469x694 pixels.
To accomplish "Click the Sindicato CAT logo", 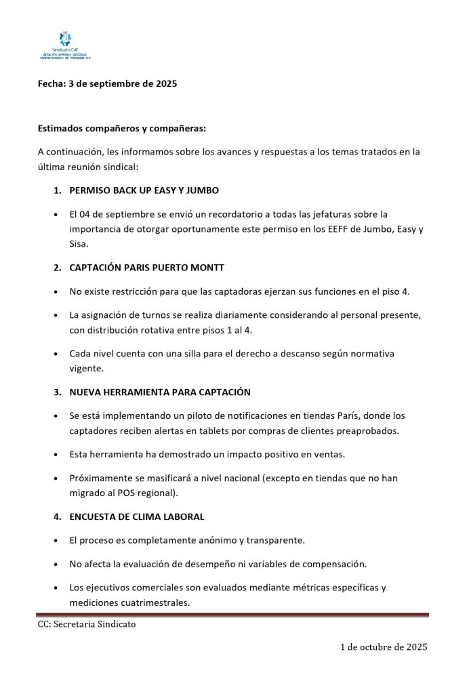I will [64, 45].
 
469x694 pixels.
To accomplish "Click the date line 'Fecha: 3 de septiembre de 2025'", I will [107, 84].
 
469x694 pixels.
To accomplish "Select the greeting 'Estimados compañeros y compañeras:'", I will [122, 128].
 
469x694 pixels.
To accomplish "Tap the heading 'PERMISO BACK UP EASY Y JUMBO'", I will [144, 190].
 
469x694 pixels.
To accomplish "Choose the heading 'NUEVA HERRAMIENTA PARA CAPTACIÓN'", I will [160, 392].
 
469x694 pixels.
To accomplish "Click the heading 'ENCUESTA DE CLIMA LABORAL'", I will [136, 517].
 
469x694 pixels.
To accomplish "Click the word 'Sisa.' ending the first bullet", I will [79, 245].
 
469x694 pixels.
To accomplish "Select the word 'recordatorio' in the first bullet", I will [197, 214].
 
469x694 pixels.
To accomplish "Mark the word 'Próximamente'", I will [100, 478].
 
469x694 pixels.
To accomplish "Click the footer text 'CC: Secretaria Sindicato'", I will [86, 625].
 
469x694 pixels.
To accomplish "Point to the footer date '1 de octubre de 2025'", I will [384, 648].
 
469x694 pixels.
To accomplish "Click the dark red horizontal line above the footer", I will [233, 615].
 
